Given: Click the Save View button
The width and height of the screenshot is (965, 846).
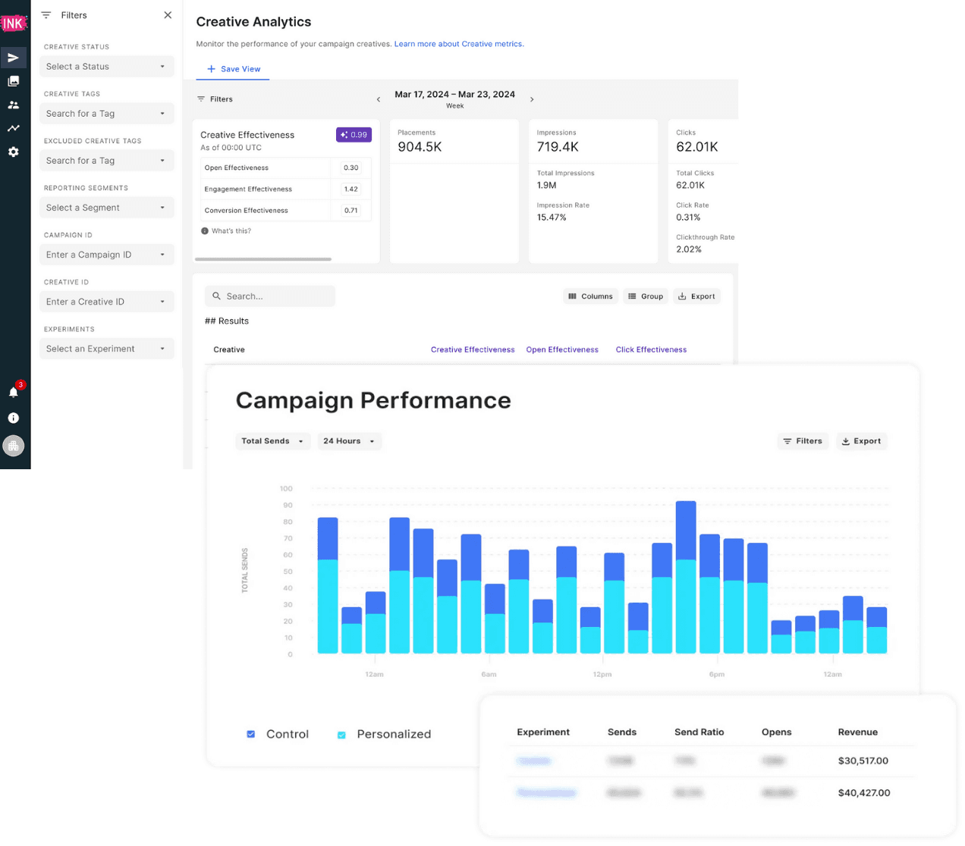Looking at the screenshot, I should [x=234, y=69].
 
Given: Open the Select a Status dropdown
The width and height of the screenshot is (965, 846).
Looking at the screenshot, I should [x=106, y=67].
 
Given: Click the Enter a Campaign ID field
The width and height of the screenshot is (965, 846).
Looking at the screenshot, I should [x=106, y=255].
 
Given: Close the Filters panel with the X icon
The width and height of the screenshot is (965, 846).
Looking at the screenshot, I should [x=168, y=15].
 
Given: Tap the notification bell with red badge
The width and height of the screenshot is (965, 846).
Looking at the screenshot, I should [x=14, y=392].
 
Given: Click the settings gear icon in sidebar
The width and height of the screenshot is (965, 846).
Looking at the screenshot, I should [x=14, y=152].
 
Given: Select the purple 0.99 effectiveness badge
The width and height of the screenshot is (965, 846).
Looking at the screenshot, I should [x=354, y=135].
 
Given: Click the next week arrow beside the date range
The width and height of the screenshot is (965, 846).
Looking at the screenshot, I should [x=532, y=99].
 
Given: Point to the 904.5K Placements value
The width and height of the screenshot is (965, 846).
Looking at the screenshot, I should [x=420, y=147].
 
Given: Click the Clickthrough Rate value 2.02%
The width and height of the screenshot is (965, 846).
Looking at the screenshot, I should [x=689, y=249].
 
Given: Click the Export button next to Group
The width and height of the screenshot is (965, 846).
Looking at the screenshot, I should [x=696, y=296].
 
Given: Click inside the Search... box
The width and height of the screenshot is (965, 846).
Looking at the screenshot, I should [x=270, y=296].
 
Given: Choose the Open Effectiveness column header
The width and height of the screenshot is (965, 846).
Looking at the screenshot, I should [x=562, y=349].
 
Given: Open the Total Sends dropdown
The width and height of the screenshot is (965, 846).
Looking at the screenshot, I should [x=272, y=441].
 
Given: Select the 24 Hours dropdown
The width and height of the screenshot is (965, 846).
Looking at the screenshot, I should [x=349, y=441].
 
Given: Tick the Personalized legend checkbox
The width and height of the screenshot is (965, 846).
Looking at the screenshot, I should [x=341, y=735].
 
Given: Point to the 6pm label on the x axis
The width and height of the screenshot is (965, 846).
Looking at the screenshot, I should [x=716, y=674].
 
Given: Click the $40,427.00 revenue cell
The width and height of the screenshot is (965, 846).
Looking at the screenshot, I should [x=864, y=793].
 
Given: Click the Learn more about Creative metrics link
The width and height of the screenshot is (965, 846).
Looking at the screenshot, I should [x=458, y=44].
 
